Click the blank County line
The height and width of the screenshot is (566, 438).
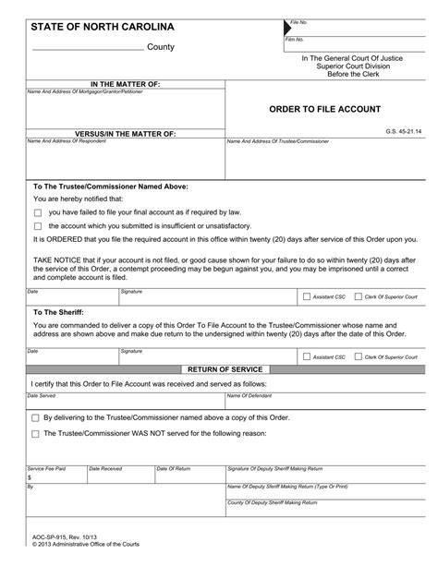point(87,48)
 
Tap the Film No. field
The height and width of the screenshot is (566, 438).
point(351,47)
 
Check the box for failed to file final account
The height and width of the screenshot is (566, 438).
point(38,211)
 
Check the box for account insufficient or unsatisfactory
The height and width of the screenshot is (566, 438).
point(38,226)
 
